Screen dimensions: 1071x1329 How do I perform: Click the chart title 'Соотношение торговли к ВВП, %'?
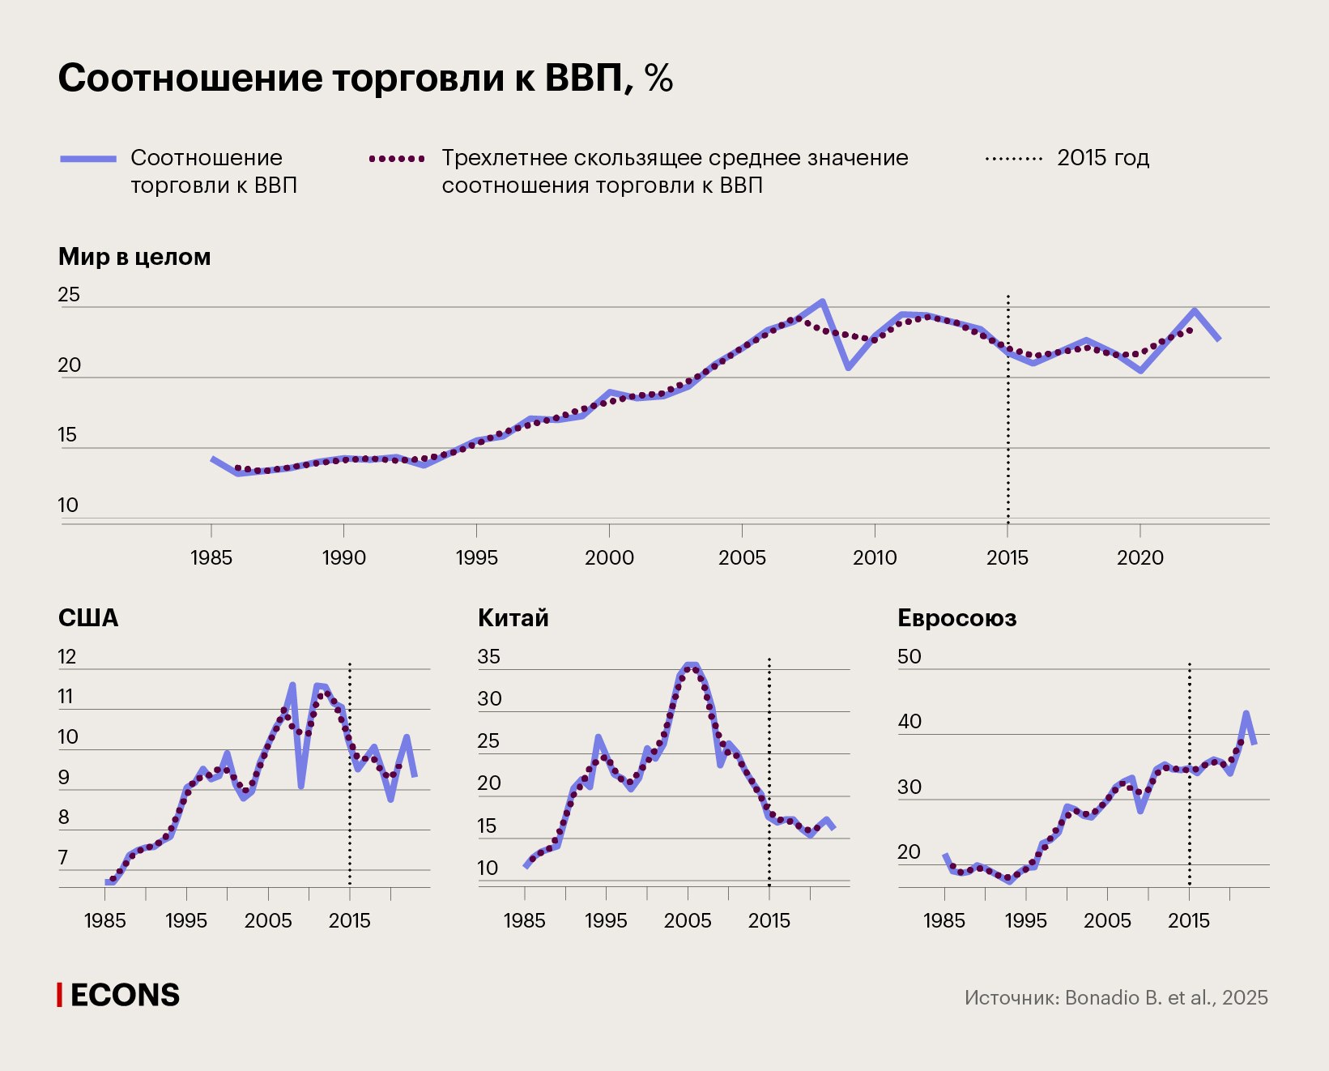[365, 79]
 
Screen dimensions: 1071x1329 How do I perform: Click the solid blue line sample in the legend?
[88, 159]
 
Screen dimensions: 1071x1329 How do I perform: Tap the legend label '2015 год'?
[1103, 158]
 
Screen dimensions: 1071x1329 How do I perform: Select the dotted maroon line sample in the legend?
[397, 159]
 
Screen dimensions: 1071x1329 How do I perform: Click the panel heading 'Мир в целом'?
[134, 257]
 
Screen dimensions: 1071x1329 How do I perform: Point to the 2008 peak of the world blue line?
[822, 301]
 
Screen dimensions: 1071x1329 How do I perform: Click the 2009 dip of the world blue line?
[848, 368]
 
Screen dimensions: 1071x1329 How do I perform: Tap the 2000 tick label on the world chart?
[609, 557]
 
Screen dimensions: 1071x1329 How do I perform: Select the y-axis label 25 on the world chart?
[69, 295]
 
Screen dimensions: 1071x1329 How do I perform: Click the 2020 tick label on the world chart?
[1139, 557]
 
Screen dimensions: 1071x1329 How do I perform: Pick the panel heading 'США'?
[88, 618]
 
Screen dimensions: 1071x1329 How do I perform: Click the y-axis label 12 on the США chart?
[66, 657]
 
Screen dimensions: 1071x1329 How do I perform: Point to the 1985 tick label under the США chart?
[105, 920]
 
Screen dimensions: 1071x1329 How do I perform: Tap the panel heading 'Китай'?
[513, 618]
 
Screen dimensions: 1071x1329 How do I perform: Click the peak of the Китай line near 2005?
[691, 666]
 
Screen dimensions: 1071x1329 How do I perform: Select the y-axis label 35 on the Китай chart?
[488, 657]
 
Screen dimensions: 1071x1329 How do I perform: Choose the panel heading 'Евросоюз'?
[956, 618]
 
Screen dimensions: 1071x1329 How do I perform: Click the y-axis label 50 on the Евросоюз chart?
[909, 657]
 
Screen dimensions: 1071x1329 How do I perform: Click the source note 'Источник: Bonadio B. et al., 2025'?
[1116, 997]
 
